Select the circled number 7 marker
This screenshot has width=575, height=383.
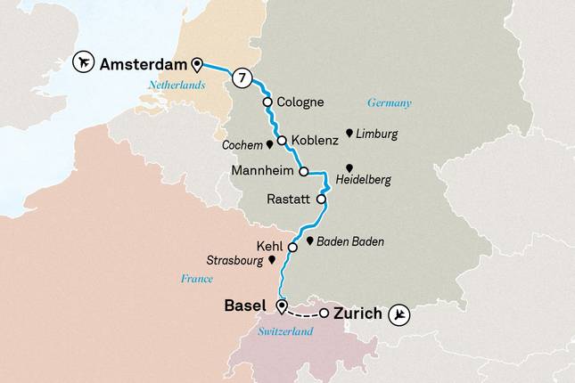coord(240,78)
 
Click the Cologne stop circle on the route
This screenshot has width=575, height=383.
coord(267,102)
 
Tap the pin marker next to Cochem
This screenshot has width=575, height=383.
coord(269,144)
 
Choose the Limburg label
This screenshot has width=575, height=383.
coord(375,134)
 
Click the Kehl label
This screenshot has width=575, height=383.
coord(268,247)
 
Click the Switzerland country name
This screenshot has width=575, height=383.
coord(286,331)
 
